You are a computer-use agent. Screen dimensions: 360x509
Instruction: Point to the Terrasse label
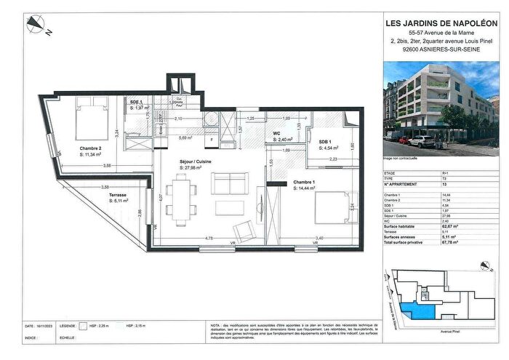(118, 196)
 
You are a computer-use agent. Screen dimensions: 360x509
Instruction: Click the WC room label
(276, 134)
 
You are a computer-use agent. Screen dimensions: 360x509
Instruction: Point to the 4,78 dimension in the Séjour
(189, 238)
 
